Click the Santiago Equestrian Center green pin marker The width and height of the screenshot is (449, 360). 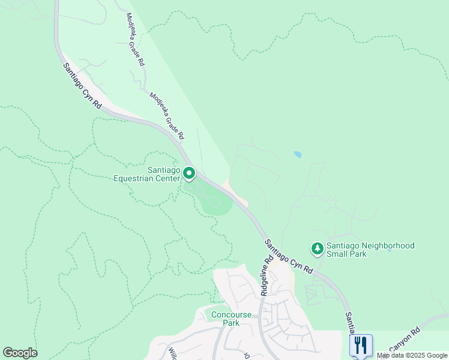(x=189, y=174)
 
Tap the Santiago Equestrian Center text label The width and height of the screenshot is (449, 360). (x=147, y=174)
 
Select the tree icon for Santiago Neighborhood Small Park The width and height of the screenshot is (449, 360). (x=317, y=247)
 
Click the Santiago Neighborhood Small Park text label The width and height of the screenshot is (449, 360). (x=370, y=250)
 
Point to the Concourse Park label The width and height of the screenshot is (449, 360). (x=223, y=319)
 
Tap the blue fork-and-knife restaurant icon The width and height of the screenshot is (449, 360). (x=361, y=345)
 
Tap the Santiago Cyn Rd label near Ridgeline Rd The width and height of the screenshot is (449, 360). (x=289, y=256)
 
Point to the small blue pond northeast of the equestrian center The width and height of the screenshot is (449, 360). (x=298, y=154)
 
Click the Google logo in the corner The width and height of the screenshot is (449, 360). (x=20, y=353)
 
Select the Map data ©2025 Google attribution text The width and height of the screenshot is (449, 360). (x=412, y=355)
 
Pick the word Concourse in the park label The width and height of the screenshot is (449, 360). (x=223, y=314)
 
